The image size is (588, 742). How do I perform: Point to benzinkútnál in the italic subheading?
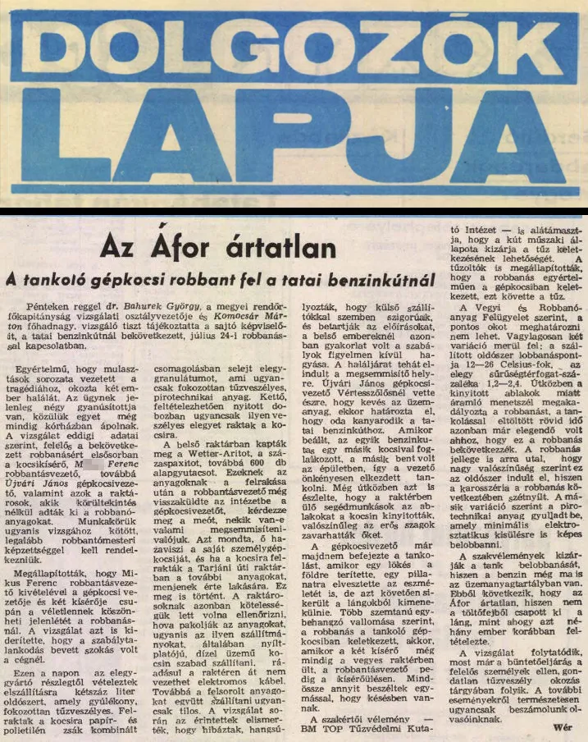[380, 281]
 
